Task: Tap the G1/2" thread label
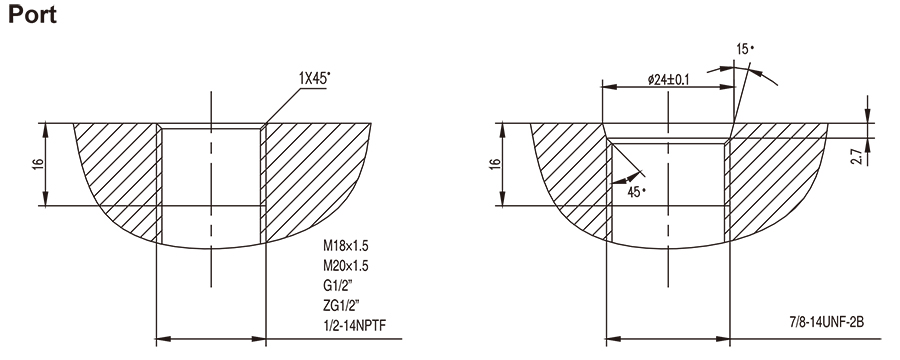tap(336, 284)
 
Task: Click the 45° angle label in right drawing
tap(636, 190)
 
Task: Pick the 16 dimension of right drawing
tap(494, 165)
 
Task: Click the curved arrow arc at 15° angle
tap(764, 79)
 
